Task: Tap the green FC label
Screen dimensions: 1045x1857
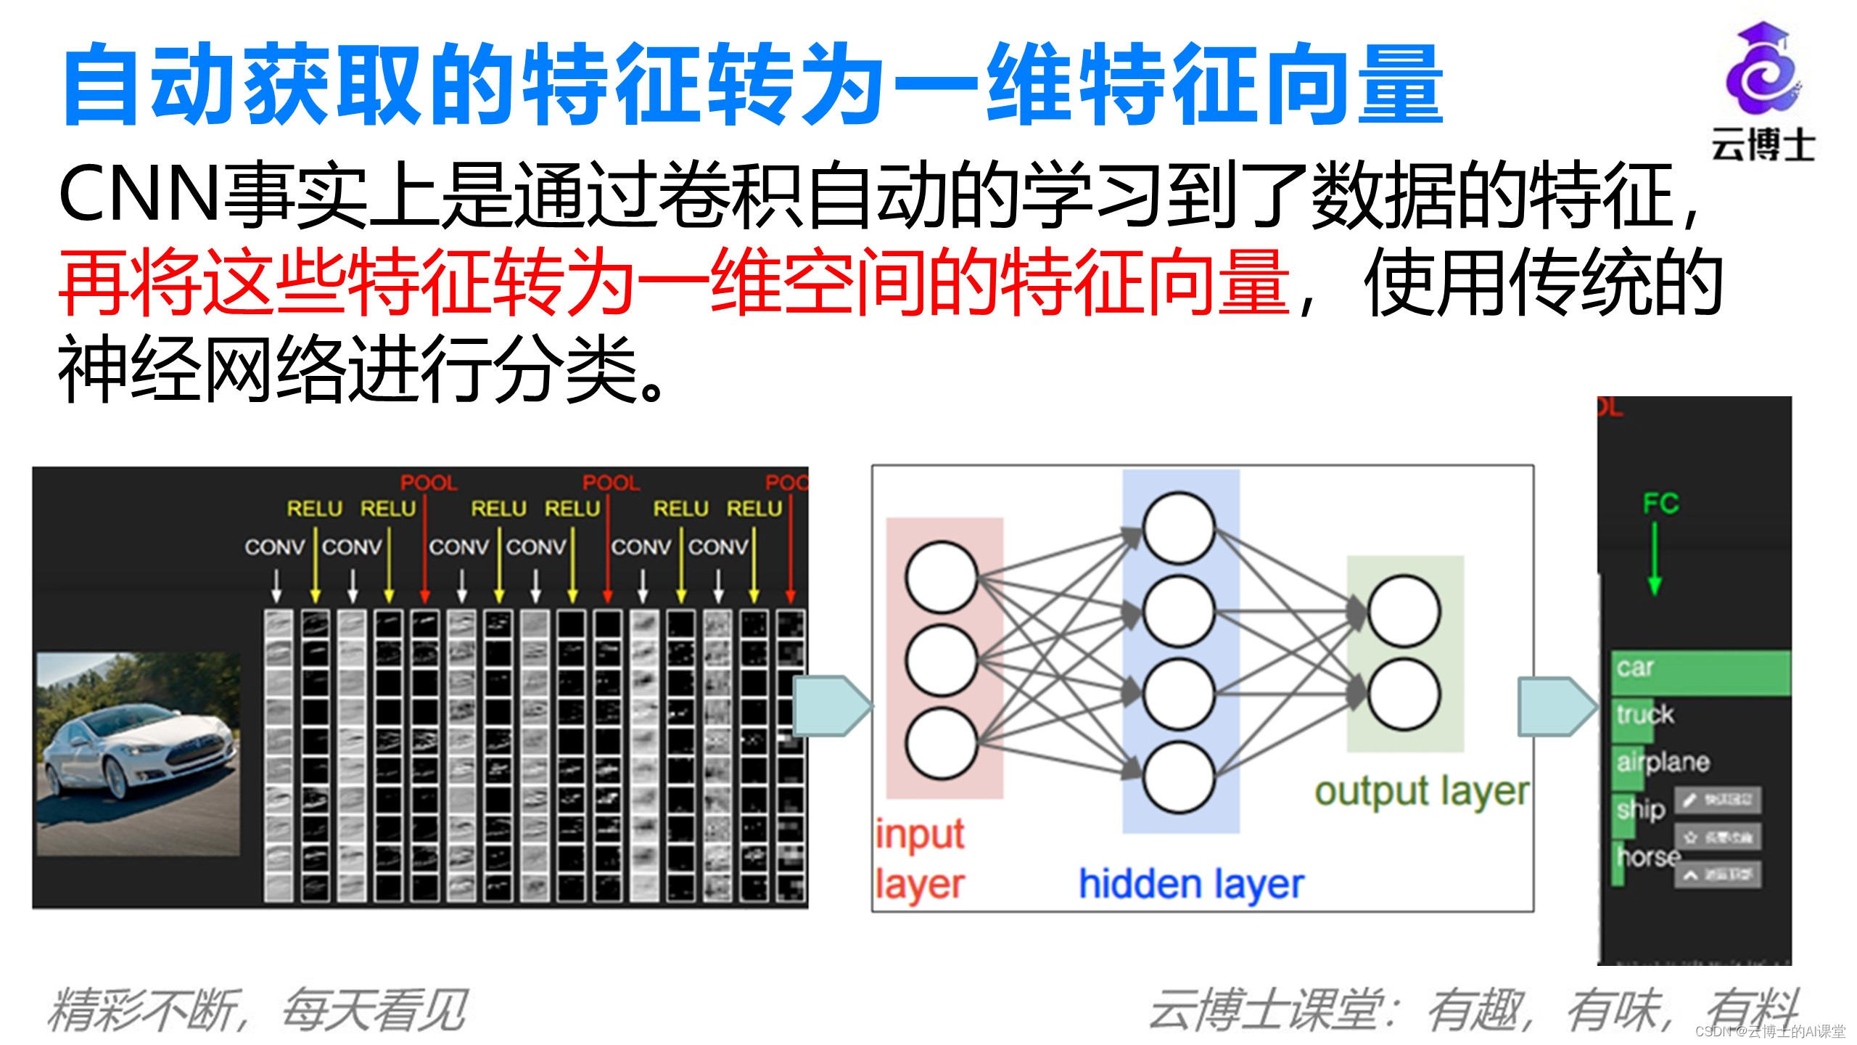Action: click(x=1660, y=503)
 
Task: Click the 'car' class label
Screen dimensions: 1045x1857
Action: click(x=1635, y=667)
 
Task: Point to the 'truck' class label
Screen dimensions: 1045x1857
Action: click(x=1644, y=715)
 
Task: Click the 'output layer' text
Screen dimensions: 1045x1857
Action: click(x=1422, y=792)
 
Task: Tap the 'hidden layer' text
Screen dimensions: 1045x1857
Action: click(x=1191, y=885)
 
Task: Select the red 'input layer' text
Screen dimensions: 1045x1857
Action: click(x=919, y=859)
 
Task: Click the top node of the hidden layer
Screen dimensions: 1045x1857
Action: click(x=1178, y=528)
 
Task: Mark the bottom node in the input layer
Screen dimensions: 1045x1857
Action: click(x=941, y=744)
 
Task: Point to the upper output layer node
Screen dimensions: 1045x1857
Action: click(x=1404, y=610)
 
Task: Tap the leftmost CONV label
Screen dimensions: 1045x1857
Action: click(x=274, y=546)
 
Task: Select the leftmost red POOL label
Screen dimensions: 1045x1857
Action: click(x=429, y=483)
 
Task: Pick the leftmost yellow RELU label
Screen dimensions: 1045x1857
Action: click(x=314, y=509)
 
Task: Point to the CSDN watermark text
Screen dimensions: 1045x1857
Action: click(x=1770, y=1031)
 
